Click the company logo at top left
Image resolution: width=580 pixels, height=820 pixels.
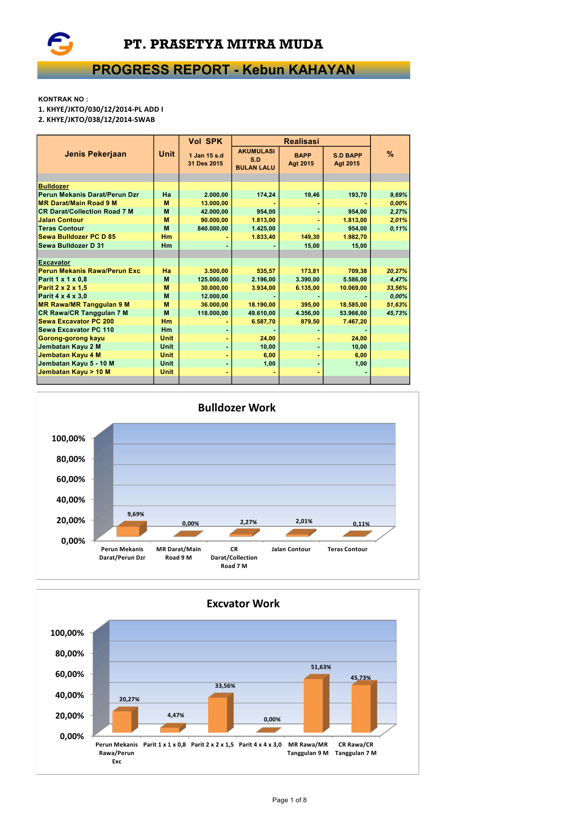60,44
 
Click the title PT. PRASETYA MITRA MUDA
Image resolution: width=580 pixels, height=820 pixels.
223,44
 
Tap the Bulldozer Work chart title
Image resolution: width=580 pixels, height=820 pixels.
237,408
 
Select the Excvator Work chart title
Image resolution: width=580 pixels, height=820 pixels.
243,604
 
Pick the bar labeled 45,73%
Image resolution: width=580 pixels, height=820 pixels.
362,708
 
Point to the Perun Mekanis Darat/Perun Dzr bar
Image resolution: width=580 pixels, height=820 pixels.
128,531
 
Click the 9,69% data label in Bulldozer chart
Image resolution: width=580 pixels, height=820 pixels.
136,514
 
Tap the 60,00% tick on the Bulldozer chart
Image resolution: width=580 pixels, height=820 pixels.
71,479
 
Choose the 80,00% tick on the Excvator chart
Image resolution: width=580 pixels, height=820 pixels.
70,654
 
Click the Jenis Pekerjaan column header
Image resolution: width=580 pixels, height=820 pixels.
95,154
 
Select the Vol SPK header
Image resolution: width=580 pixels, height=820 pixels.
205,141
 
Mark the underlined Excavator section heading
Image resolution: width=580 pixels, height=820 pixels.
54,263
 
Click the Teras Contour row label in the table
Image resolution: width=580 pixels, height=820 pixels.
61,229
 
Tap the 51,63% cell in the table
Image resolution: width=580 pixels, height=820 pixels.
397,305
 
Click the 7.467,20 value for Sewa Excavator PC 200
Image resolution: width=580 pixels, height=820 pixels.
355,322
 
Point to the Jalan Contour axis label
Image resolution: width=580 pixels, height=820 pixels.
291,549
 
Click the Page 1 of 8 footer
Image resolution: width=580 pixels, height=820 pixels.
290,800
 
